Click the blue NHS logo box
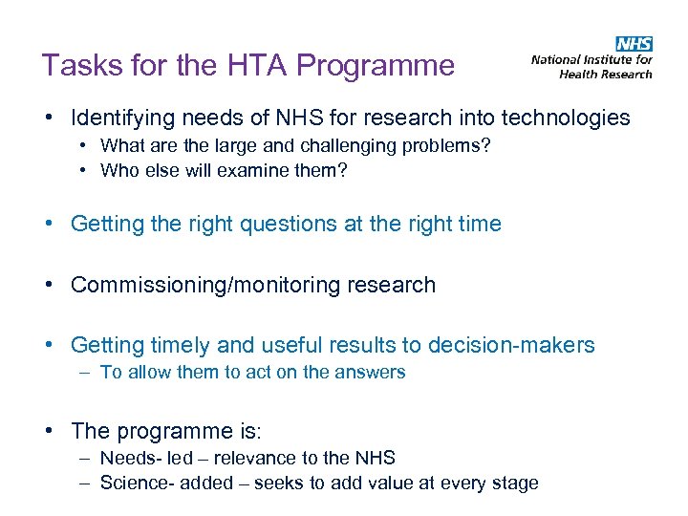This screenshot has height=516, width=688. [x=634, y=44]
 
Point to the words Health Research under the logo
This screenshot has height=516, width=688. [x=606, y=74]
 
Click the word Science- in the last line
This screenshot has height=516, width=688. [x=134, y=484]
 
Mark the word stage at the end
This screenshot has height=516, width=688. [x=516, y=484]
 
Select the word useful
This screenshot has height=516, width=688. [x=291, y=346]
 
